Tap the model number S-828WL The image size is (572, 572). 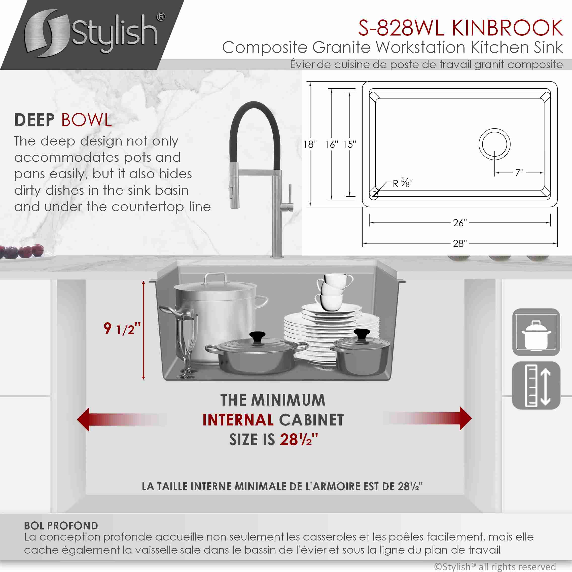tap(401, 28)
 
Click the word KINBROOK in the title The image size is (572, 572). tap(507, 28)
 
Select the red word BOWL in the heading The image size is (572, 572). tap(86, 120)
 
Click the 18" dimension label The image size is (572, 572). tap(310, 145)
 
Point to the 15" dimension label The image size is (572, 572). tap(350, 145)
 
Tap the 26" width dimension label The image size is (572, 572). tap(460, 223)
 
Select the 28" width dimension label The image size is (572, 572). tap(460, 243)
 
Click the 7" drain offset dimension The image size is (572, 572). tap(519, 173)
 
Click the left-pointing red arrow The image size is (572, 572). tap(121, 419)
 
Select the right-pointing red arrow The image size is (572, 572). tap(427, 418)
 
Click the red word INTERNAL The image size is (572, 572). tap(238, 420)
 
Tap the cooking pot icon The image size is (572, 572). tap(536, 332)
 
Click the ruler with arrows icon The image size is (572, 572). tap(536, 385)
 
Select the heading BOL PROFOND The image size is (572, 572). tap(61, 525)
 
